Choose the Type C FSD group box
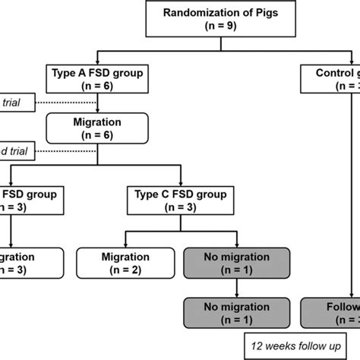point(177,201)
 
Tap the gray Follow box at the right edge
point(331,314)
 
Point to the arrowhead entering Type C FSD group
point(177,181)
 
